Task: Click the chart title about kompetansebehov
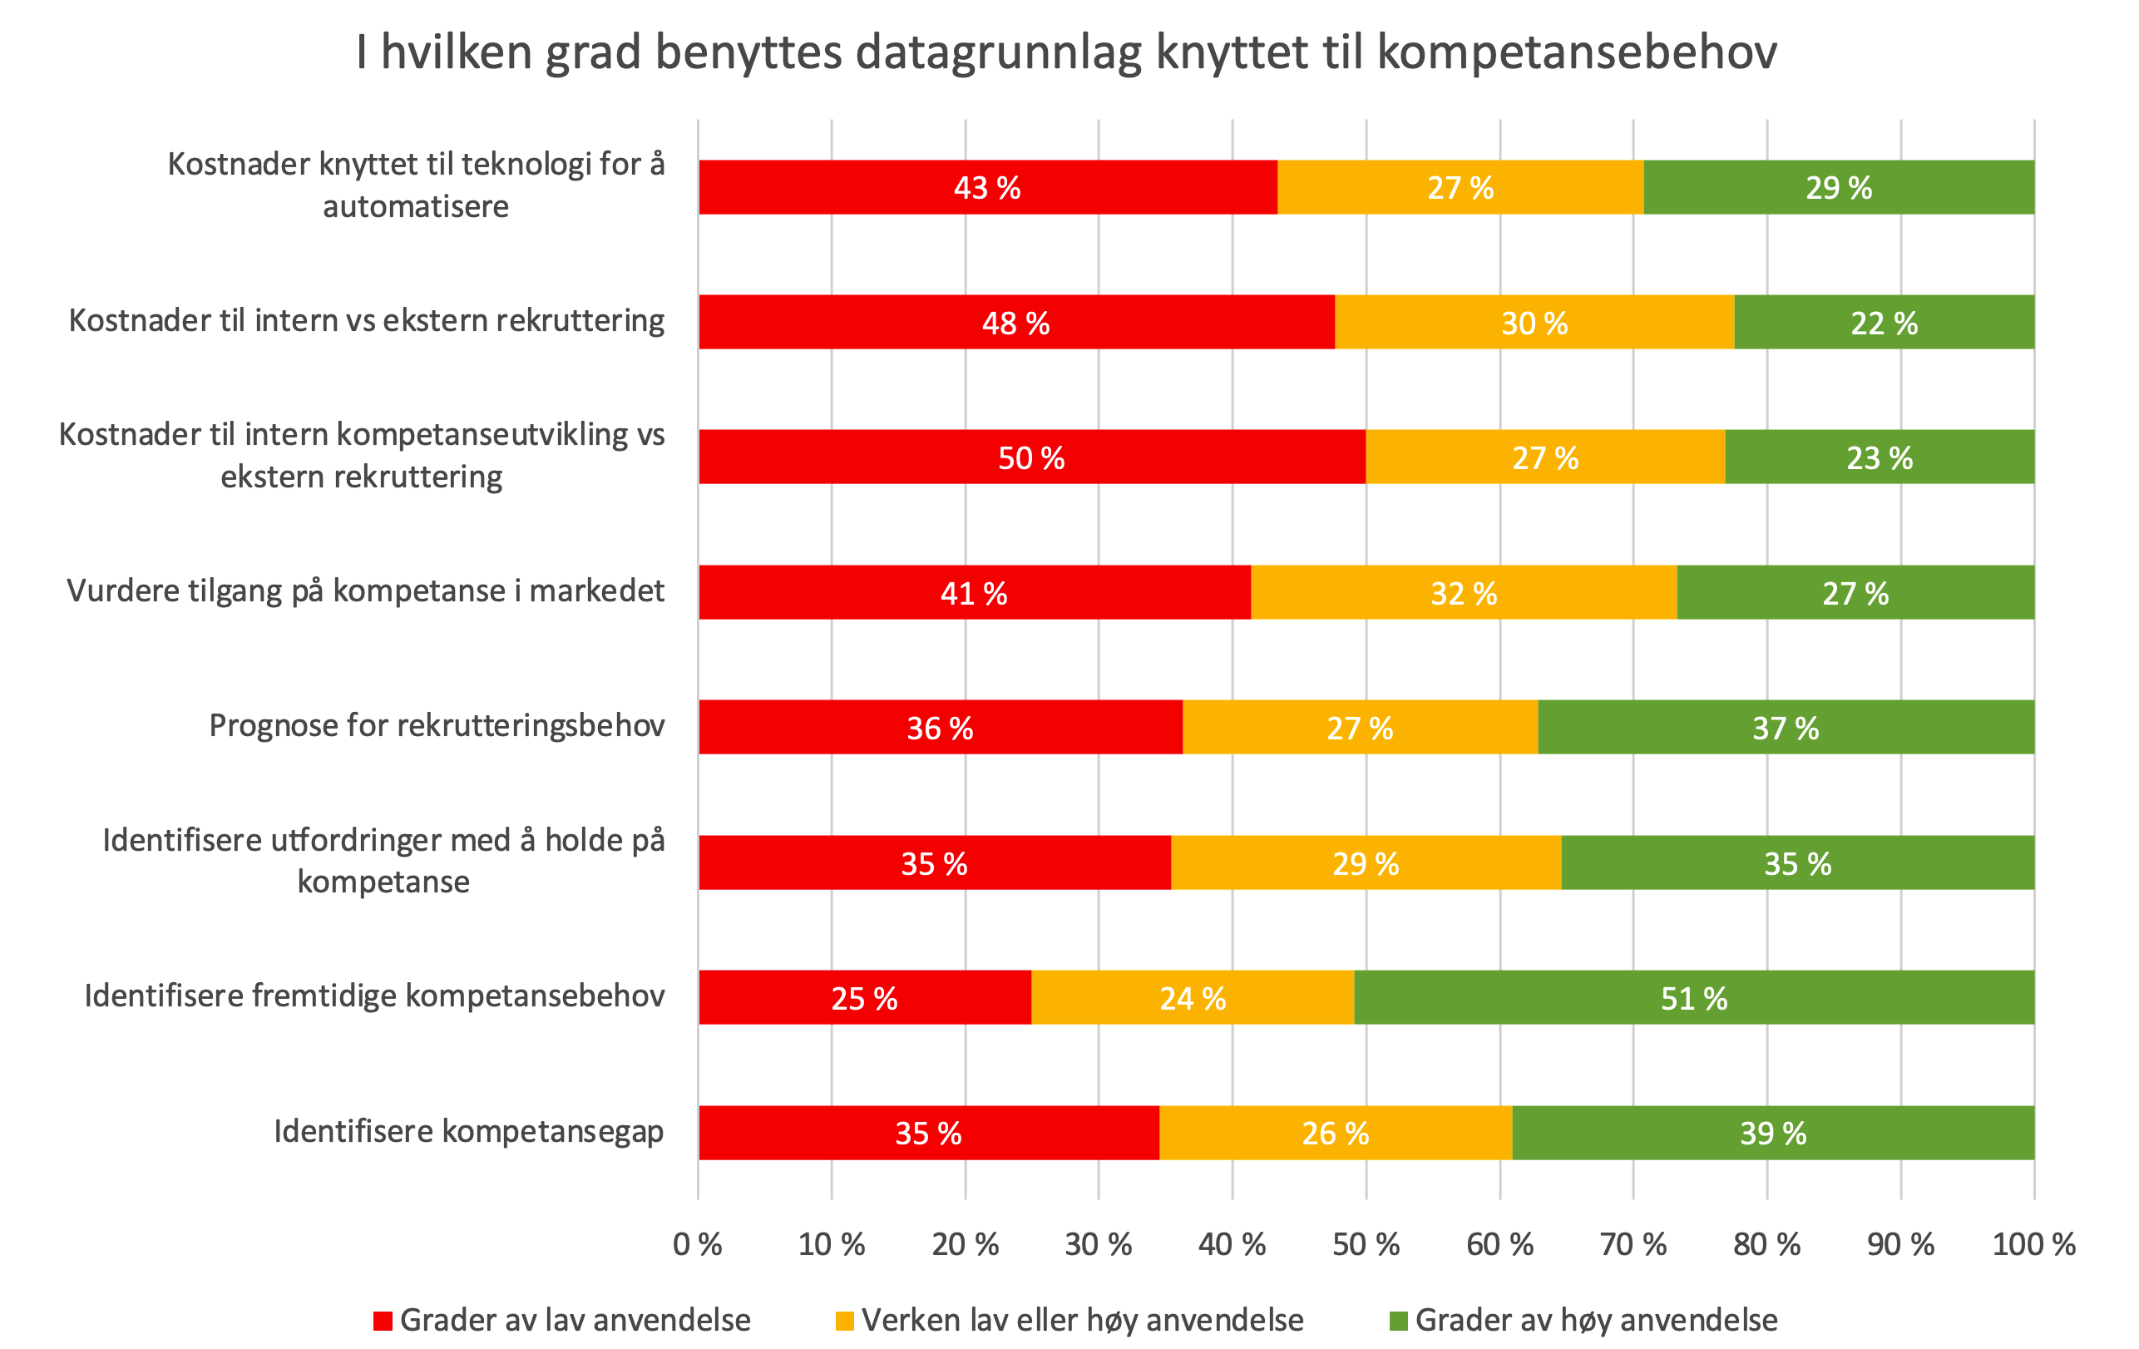[x=1066, y=52]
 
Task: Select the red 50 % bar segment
[x=1031, y=457]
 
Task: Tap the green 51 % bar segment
[x=1694, y=997]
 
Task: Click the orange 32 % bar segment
[x=1463, y=592]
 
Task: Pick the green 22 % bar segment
[x=1883, y=323]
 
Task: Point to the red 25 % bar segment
[x=864, y=997]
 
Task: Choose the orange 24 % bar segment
[x=1192, y=997]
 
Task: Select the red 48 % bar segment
[x=1015, y=323]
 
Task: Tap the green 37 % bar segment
[x=1786, y=728]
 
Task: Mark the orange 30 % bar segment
[x=1534, y=323]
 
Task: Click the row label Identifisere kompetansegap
[x=468, y=1131]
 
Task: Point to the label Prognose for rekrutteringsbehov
[x=436, y=725]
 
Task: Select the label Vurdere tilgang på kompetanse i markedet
[x=365, y=590]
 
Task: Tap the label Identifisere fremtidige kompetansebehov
[x=374, y=996]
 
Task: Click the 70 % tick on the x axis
[x=1633, y=1244]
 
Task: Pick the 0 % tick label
[x=697, y=1244]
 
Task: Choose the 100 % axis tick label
[x=2033, y=1244]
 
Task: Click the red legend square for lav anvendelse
[x=383, y=1321]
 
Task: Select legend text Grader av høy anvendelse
[x=1595, y=1321]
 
